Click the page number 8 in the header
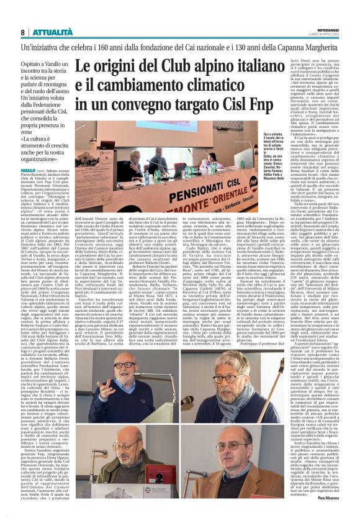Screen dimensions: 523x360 (23, 32)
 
